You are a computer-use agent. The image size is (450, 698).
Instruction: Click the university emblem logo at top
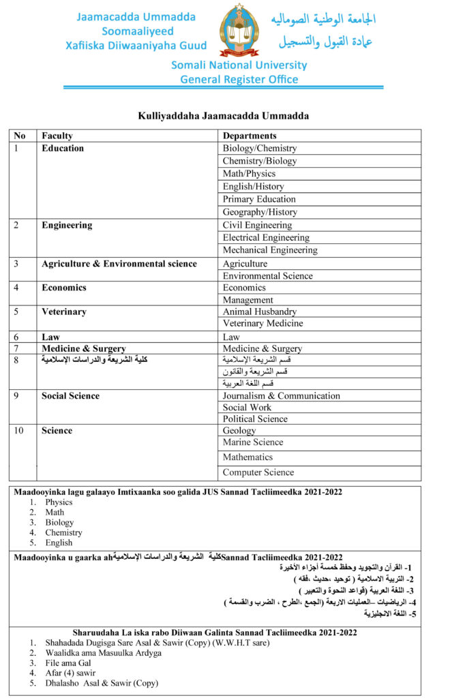point(239,31)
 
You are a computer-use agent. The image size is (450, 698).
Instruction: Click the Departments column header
point(250,136)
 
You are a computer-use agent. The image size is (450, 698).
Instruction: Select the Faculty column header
point(57,136)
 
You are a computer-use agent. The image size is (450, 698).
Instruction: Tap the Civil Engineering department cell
point(257,225)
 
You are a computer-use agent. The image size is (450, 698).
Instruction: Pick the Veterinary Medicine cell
point(262,323)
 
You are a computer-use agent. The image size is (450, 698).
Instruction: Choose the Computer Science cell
point(258,472)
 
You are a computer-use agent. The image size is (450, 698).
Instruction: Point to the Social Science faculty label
point(70,396)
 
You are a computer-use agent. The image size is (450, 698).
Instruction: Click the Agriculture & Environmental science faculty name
point(119,264)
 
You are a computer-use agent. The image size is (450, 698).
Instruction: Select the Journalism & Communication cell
point(281,396)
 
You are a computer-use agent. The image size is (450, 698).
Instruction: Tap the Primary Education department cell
point(259,199)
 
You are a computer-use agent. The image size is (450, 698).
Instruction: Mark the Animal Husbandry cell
point(260,312)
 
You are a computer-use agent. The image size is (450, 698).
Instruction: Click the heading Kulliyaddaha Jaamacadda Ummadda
point(224,116)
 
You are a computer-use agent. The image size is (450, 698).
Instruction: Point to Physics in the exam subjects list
point(59,502)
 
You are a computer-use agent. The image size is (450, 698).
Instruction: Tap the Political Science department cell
point(255,419)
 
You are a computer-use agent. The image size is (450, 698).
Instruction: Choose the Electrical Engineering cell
point(266,238)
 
